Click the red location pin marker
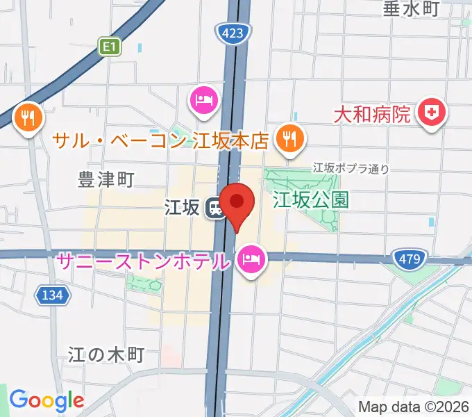237,203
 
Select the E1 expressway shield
110,47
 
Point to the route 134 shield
53,295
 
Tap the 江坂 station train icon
215,207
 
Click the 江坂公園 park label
310,201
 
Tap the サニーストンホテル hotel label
143,263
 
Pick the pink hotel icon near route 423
203,99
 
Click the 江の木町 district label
106,354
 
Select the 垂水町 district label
412,9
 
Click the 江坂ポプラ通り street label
350,167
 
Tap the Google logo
46,400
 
